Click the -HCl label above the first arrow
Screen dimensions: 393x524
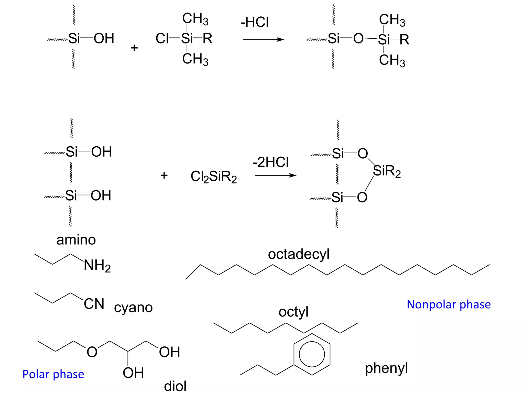[254, 22]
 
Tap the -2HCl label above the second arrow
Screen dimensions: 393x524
[270, 162]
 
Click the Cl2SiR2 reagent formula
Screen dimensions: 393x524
[214, 177]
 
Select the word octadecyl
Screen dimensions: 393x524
[299, 254]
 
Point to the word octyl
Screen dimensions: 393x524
[293, 312]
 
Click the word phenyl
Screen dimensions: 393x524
[386, 369]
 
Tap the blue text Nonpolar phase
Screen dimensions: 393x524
[449, 304]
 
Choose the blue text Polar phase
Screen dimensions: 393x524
[53, 374]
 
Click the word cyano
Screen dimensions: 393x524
[133, 308]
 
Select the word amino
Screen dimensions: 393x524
[76, 240]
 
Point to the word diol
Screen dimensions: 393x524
[175, 386]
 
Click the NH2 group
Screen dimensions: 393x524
[97, 265]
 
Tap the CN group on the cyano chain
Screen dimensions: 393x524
[94, 304]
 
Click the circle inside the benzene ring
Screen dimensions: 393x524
[312, 354]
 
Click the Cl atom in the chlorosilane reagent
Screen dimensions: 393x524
[162, 39]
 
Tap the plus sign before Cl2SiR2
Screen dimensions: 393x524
[164, 176]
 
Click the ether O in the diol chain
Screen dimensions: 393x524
[92, 352]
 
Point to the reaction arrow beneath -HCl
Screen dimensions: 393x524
[263, 40]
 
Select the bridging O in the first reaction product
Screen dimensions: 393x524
[358, 39]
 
